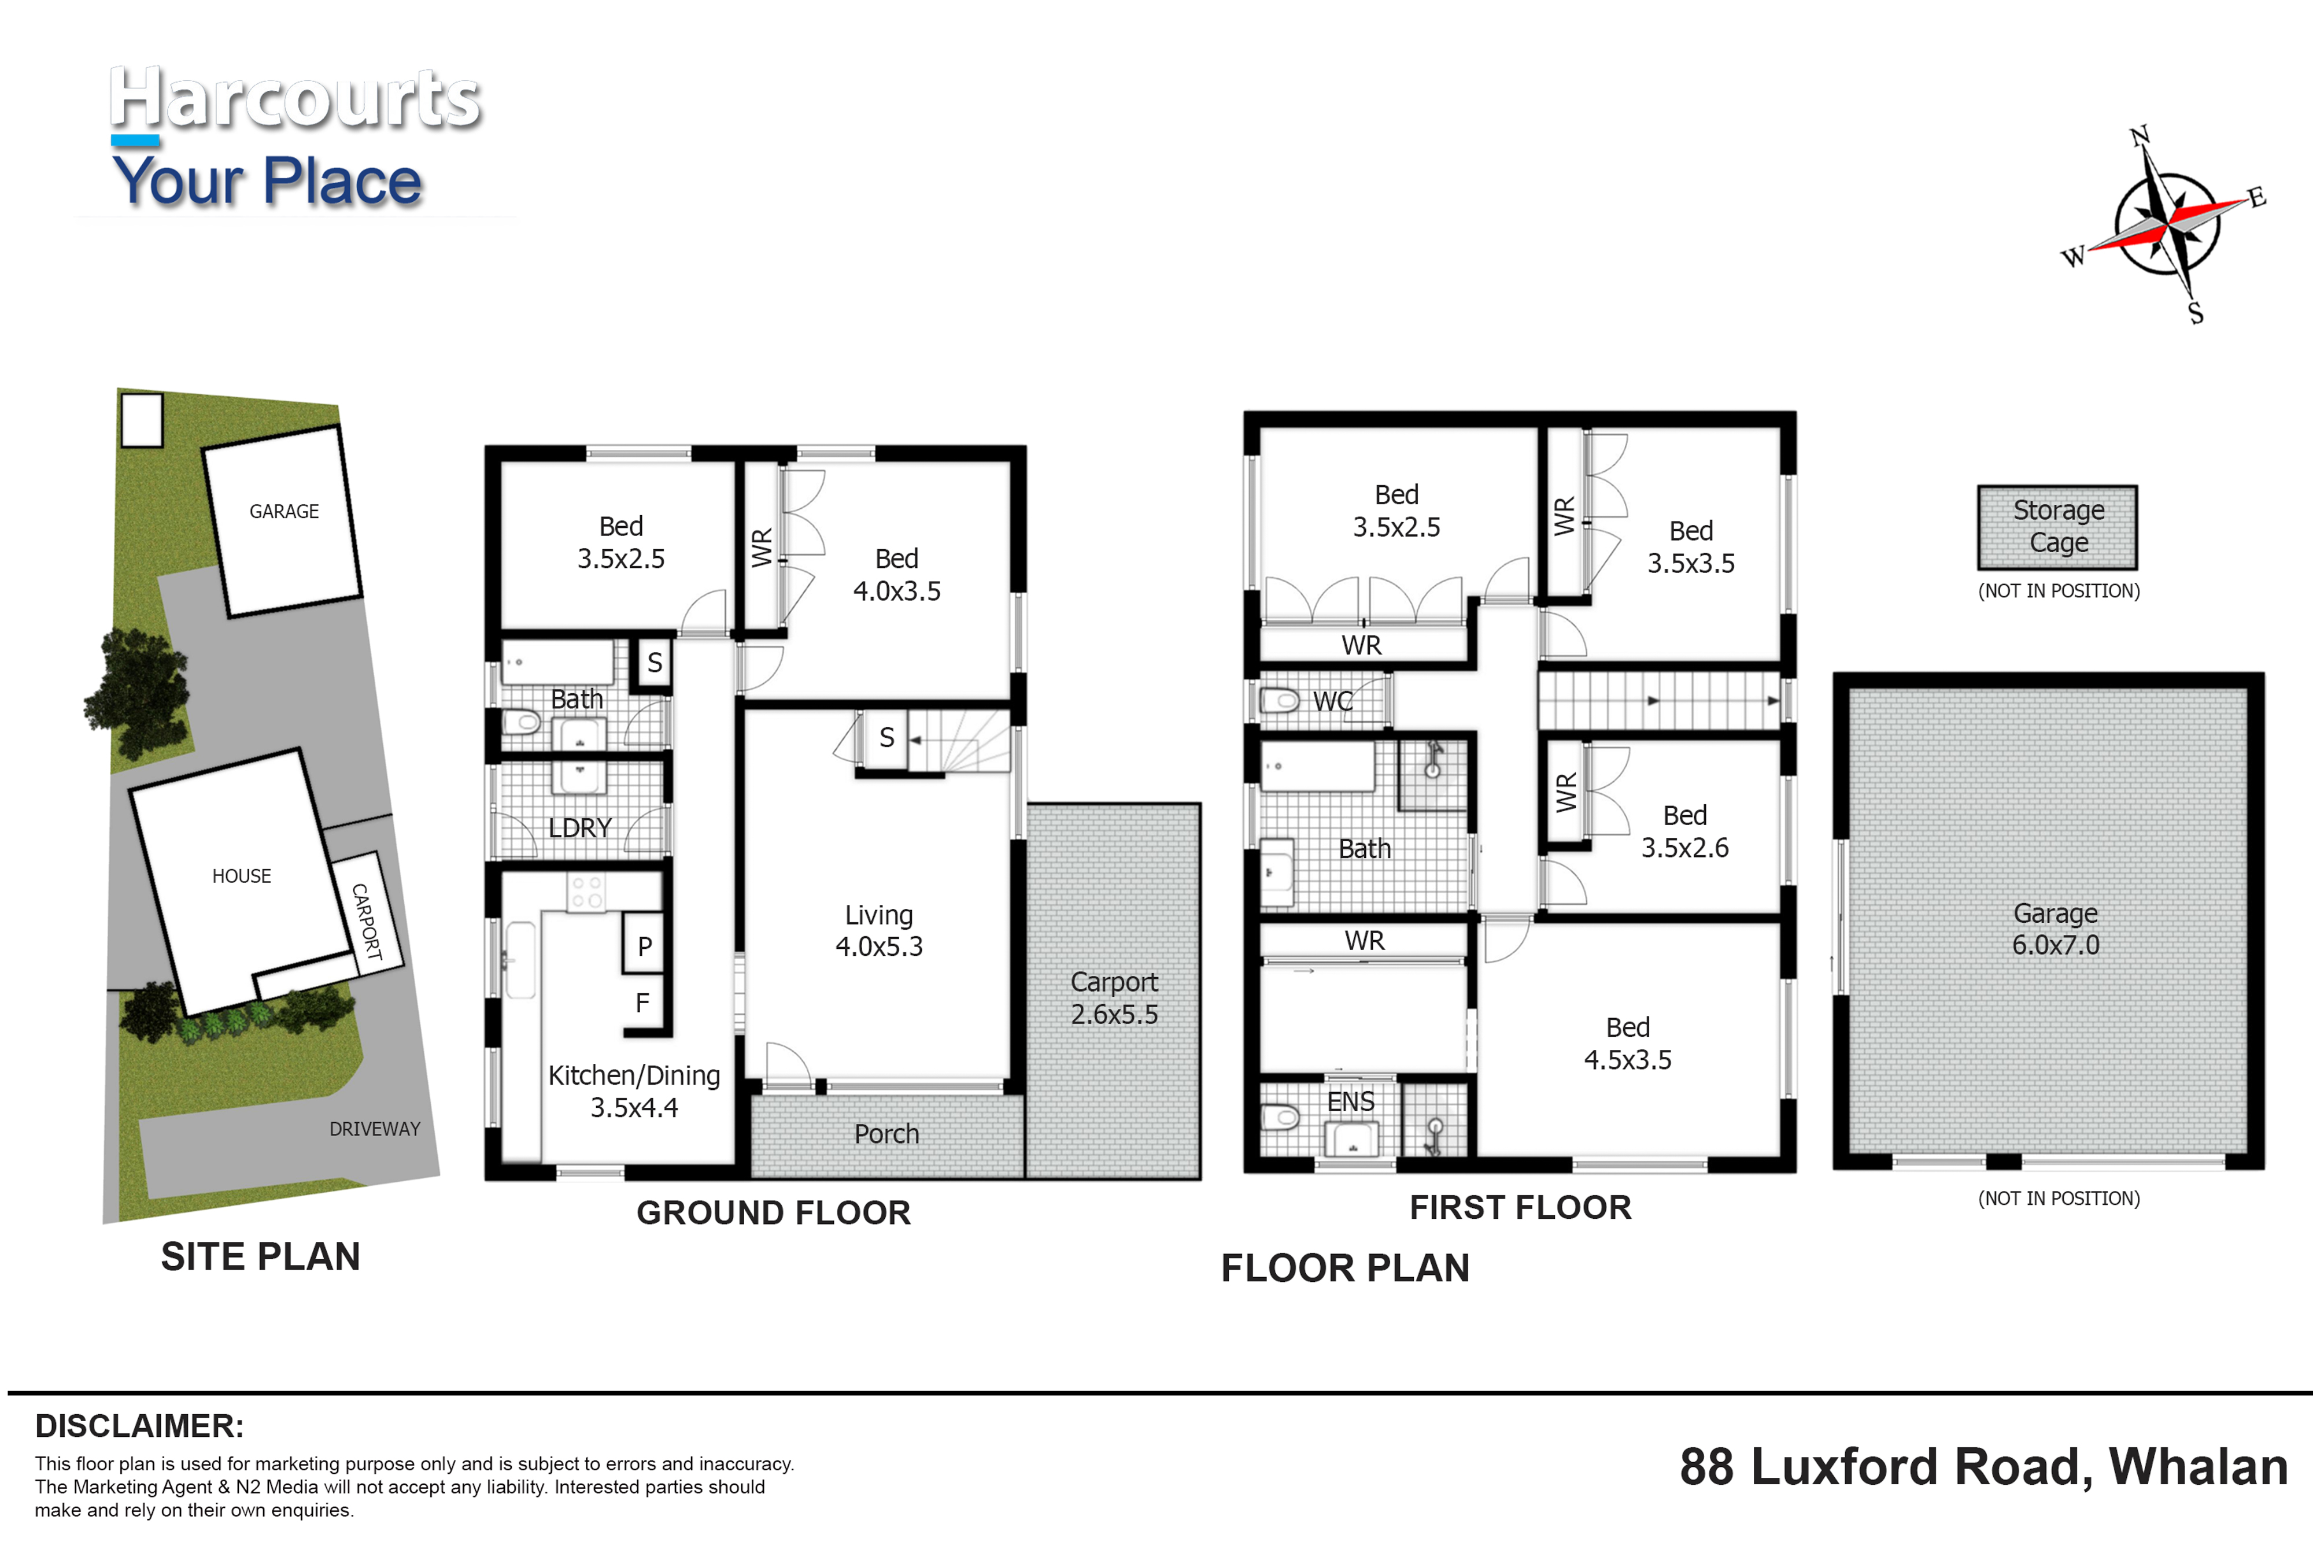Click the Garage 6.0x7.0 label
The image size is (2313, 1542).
2055,929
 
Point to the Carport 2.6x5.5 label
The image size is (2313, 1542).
1114,998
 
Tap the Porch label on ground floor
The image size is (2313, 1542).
886,1134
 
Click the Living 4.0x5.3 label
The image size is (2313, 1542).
879,930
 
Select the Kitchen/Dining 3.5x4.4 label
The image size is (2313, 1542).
634,1092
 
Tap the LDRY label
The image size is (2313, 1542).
580,828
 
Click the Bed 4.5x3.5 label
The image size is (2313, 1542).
1628,1044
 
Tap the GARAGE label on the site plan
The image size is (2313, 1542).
284,511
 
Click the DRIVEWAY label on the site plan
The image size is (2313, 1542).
375,1129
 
